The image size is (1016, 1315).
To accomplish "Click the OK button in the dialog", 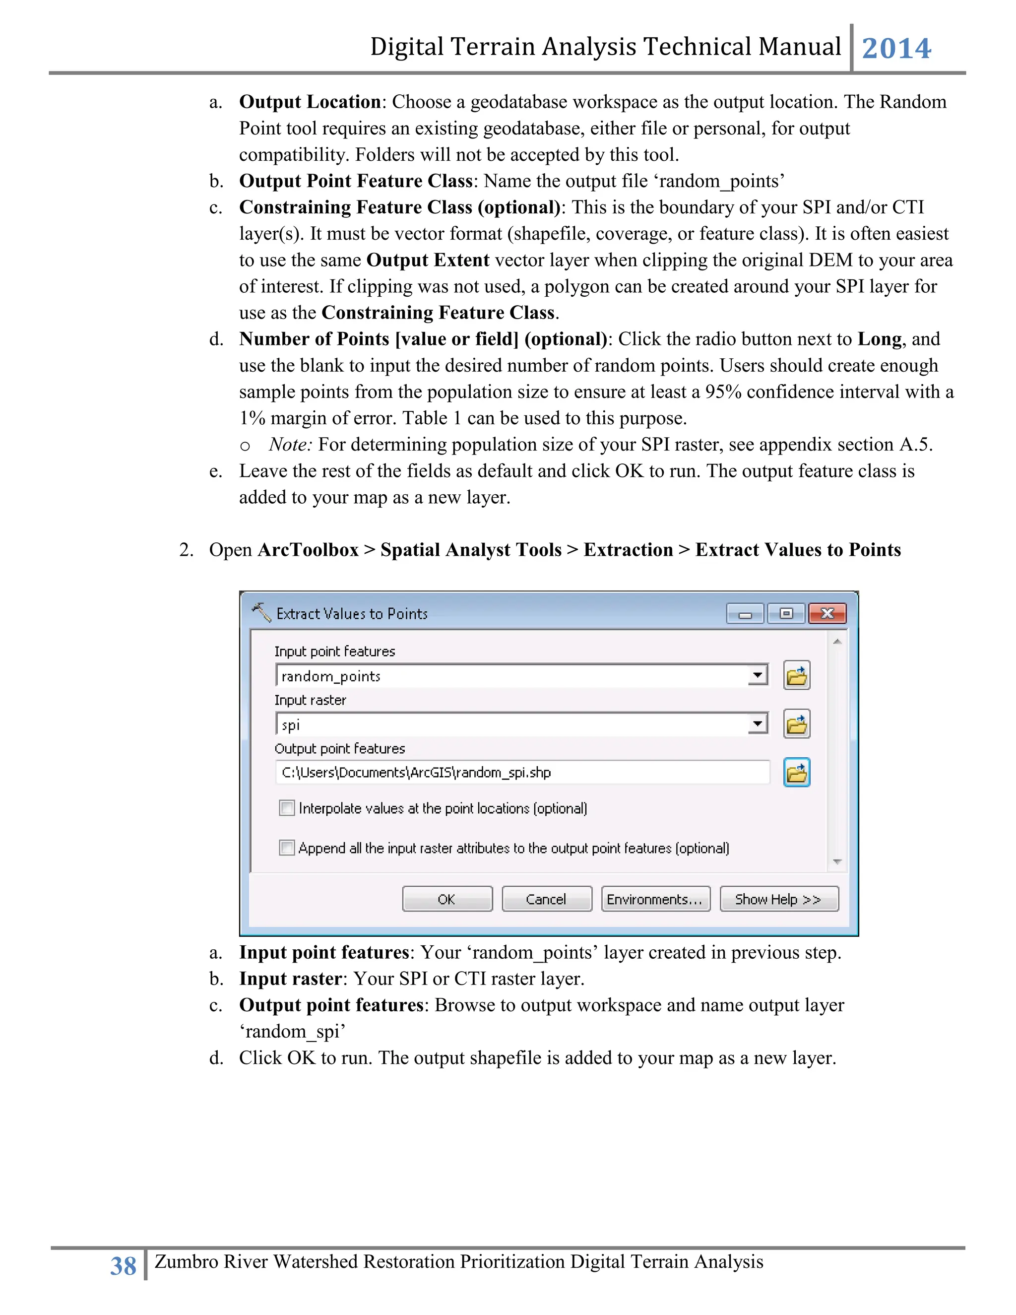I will pyautogui.click(x=447, y=899).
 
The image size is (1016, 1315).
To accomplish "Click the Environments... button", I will pyautogui.click(x=655, y=899).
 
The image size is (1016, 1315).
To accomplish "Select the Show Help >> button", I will pyautogui.click(x=778, y=899).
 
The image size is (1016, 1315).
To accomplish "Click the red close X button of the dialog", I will pyautogui.click(x=827, y=613).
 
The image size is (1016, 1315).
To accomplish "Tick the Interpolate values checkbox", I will pyautogui.click(x=287, y=808).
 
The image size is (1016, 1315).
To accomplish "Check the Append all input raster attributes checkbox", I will pyautogui.click(x=287, y=848).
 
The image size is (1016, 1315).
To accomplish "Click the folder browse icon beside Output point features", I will pyautogui.click(x=796, y=773).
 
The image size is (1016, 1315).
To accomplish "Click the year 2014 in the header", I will pyautogui.click(x=896, y=48).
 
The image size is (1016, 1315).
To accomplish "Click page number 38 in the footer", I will pyautogui.click(x=124, y=1266).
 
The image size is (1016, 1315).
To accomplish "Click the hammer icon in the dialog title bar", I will pyautogui.click(x=261, y=612).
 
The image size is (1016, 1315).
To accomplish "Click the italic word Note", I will pyautogui.click(x=290, y=444).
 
